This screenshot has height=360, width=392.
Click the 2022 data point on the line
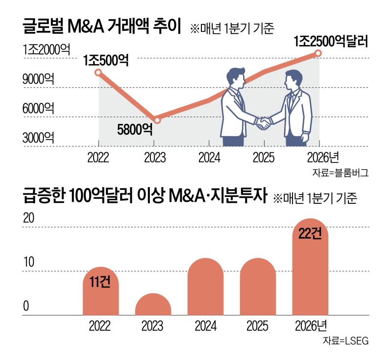pyautogui.click(x=98, y=73)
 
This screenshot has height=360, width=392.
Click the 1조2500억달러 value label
pyautogui.click(x=331, y=42)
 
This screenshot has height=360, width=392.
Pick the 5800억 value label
pyautogui.click(x=135, y=129)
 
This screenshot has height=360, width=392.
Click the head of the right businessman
pyautogui.click(x=294, y=80)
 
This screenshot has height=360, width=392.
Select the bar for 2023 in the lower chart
pyautogui.click(x=153, y=304)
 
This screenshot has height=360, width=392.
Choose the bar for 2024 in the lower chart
pyautogui.click(x=206, y=287)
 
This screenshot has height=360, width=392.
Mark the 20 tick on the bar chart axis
pyautogui.click(x=29, y=219)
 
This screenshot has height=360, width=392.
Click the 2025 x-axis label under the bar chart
pyautogui.click(x=258, y=325)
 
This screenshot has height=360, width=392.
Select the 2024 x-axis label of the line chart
pyautogui.click(x=209, y=158)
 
